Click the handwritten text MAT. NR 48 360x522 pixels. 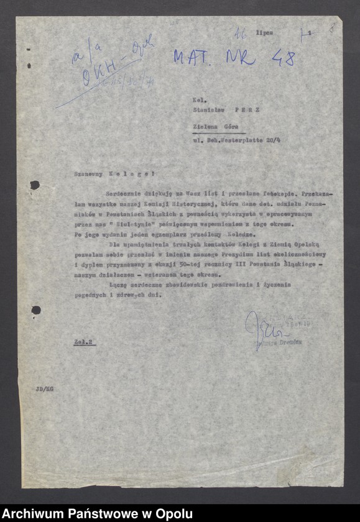[x=233, y=57]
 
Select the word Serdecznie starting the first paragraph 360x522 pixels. [x=125, y=195]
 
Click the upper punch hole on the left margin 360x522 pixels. [x=35, y=185]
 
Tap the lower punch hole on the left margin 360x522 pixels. [x=35, y=309]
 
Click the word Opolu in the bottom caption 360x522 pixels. [x=174, y=513]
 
